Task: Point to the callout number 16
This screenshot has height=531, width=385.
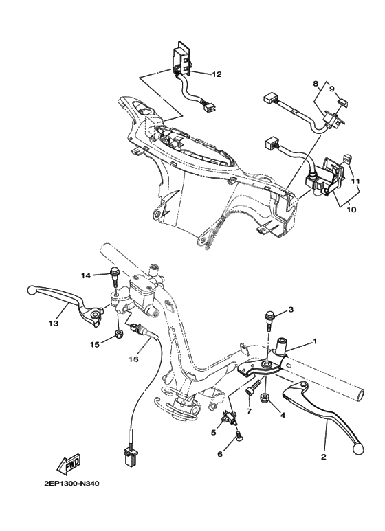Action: pyautogui.click(x=135, y=359)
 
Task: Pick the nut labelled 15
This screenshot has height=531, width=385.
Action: pyautogui.click(x=120, y=335)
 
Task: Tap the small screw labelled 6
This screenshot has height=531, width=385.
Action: pyautogui.click(x=239, y=434)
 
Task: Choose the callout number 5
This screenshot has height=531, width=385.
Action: pyautogui.click(x=214, y=433)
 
